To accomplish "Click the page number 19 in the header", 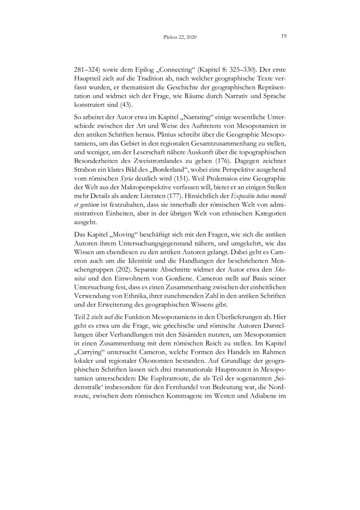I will coord(283,37).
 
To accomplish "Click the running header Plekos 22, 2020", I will coord(180,37).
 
